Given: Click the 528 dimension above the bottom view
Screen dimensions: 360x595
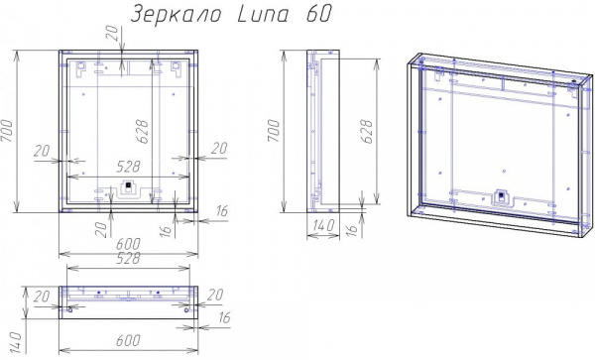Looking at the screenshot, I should click(x=128, y=260).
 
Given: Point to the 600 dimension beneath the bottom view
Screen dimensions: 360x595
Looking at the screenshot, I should click(x=128, y=340).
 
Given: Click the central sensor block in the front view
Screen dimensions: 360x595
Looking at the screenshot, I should click(x=127, y=187).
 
